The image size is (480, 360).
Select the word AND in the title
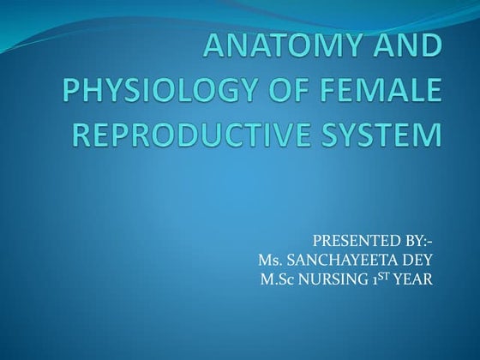click(x=407, y=49)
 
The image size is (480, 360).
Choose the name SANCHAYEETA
click(x=347, y=261)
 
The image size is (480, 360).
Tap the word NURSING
click(x=336, y=279)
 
